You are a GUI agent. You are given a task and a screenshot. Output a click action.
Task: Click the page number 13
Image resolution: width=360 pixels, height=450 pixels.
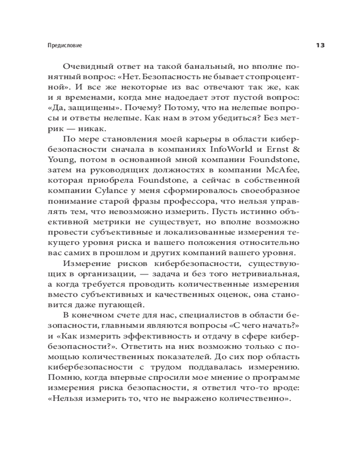point(320,45)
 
